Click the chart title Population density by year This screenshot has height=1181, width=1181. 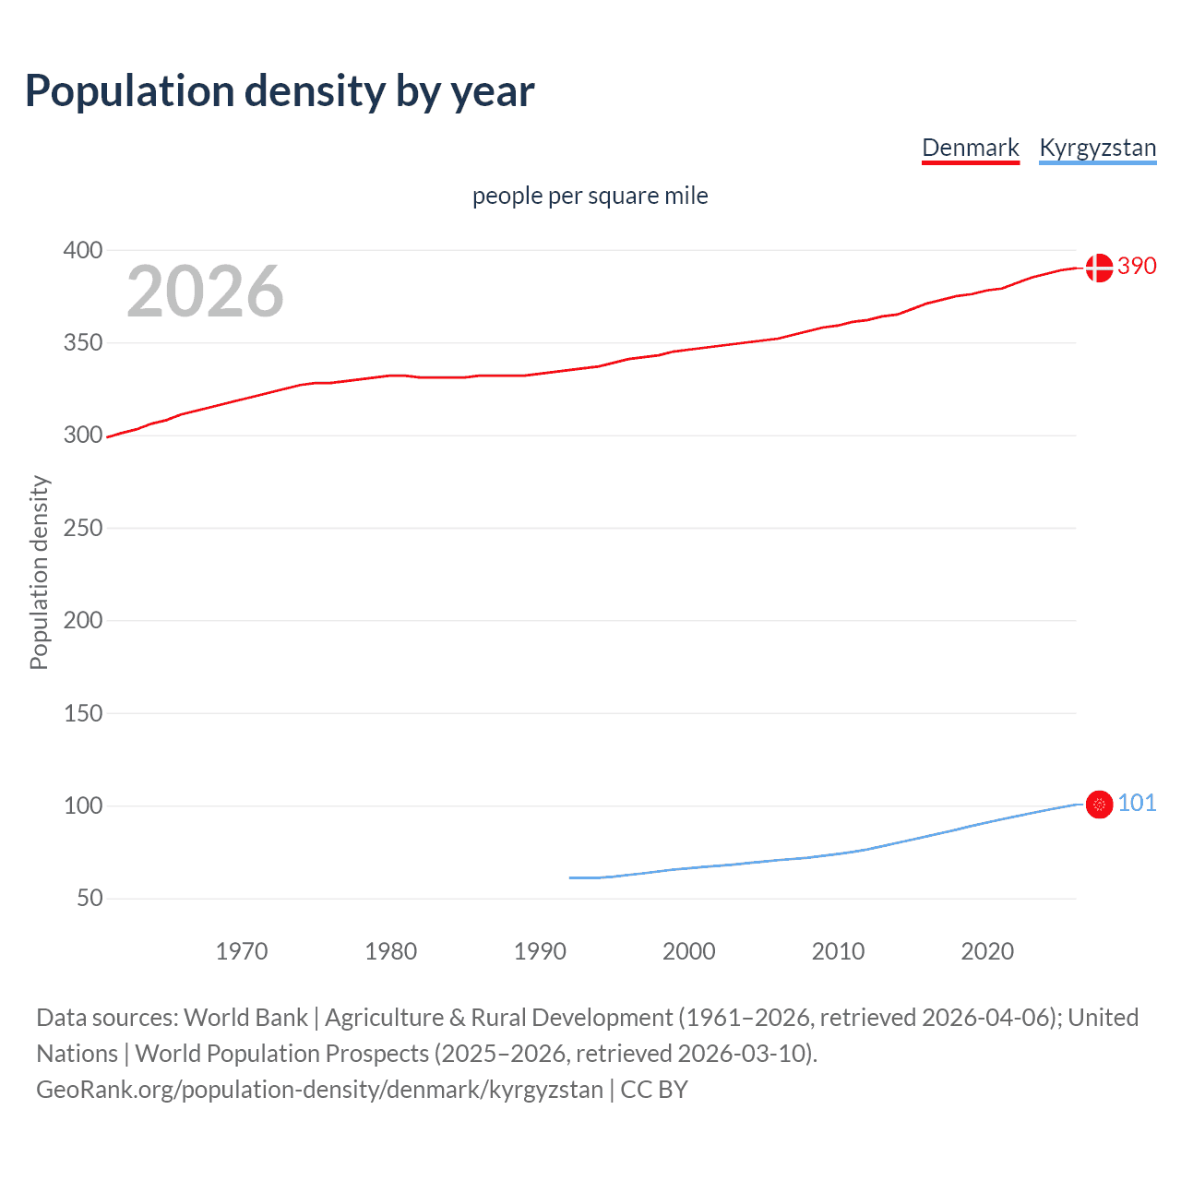[x=280, y=90]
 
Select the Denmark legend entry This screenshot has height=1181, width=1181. [x=970, y=148]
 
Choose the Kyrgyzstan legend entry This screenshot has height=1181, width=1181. [x=1097, y=148]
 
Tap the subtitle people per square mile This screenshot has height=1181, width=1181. [x=590, y=196]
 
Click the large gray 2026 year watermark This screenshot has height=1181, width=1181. [x=205, y=292]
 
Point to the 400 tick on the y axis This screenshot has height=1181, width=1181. [x=83, y=250]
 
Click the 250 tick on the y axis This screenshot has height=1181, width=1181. [x=83, y=528]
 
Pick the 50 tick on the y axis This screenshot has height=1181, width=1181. [x=89, y=898]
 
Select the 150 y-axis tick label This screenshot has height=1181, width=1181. [x=83, y=713]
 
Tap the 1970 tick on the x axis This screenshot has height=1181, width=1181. [x=242, y=951]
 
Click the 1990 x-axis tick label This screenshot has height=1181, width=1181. [x=540, y=951]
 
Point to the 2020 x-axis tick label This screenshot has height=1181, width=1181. [x=987, y=951]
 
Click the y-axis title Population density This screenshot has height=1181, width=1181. [x=39, y=572]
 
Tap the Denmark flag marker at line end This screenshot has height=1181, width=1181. [x=1099, y=268]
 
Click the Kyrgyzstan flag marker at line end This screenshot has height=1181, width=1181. [x=1099, y=805]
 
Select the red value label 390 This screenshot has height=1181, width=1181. [x=1137, y=267]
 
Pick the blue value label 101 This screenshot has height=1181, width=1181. [x=1137, y=804]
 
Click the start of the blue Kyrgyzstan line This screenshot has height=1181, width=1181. [x=571, y=877]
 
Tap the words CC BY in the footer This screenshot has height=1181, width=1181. [x=654, y=1090]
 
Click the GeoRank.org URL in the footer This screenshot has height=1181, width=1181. [x=319, y=1090]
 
